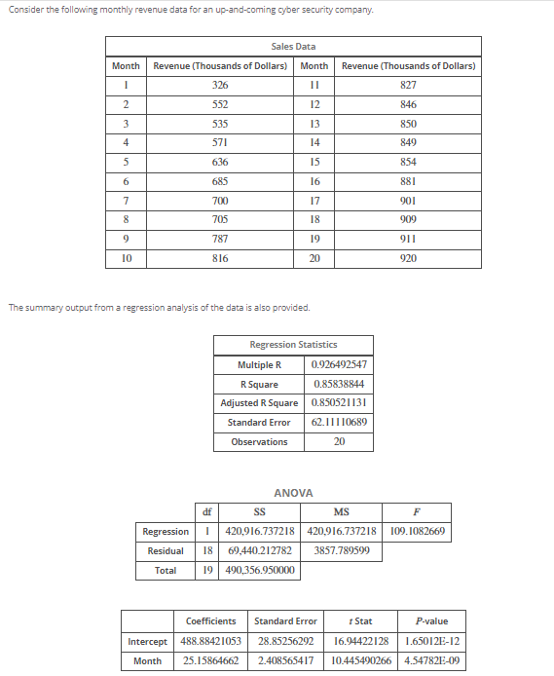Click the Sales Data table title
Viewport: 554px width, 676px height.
[293, 47]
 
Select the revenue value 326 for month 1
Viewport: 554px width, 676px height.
[220, 86]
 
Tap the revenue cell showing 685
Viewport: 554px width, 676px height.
[220, 180]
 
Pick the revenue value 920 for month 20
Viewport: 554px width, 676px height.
[408, 258]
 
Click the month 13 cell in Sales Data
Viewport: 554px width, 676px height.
[314, 124]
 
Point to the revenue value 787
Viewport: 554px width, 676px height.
[220, 239]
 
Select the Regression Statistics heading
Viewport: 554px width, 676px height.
[293, 345]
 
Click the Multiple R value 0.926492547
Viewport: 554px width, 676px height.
[338, 364]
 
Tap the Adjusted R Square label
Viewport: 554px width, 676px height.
[259, 403]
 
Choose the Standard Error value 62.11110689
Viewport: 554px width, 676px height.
[338, 423]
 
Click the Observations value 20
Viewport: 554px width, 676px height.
[338, 442]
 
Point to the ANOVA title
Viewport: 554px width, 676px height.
[293, 493]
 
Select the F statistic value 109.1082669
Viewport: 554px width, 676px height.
[416, 532]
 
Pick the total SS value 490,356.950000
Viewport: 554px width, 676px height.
[260, 571]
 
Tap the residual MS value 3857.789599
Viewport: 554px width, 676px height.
[342, 551]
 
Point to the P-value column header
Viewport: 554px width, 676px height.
[430, 620]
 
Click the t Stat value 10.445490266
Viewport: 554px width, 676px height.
[361, 660]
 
